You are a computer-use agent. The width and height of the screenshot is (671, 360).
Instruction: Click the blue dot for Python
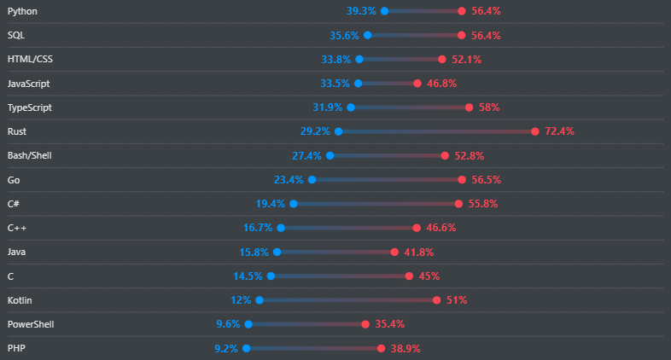tap(384, 11)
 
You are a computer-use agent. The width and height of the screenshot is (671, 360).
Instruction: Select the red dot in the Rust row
tap(534, 131)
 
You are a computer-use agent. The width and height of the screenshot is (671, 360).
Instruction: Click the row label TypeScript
tap(29, 107)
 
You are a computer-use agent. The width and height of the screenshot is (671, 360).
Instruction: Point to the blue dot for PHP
tap(246, 348)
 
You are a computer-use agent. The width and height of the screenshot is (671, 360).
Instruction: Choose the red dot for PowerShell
tap(365, 324)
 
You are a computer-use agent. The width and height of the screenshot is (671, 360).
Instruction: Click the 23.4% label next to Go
tap(289, 180)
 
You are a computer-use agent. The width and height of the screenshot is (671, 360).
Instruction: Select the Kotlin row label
tap(20, 300)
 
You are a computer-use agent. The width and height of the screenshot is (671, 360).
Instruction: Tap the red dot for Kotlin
tap(436, 300)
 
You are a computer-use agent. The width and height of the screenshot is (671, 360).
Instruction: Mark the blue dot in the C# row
tap(294, 204)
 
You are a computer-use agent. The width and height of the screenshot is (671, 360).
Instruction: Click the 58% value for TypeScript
tap(489, 107)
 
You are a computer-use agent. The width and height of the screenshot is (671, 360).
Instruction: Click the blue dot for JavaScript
tap(358, 84)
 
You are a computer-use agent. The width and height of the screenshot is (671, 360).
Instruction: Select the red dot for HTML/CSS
tap(441, 60)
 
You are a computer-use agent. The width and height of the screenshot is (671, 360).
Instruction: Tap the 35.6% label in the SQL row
tap(344, 35)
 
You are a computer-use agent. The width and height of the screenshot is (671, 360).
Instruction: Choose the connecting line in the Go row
tap(387, 180)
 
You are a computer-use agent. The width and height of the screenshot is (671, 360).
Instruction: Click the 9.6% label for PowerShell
tap(228, 324)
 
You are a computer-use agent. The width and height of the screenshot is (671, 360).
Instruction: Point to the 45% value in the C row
tap(429, 276)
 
